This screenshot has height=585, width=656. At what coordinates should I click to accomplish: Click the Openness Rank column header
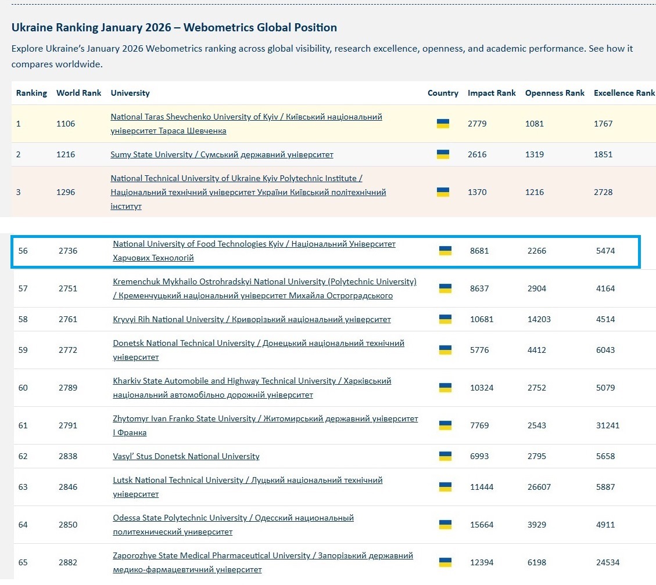point(554,93)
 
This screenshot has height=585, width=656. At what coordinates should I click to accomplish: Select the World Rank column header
point(78,93)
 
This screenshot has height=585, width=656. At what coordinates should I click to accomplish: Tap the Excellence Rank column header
point(624,93)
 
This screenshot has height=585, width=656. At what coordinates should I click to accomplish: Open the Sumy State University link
point(221,155)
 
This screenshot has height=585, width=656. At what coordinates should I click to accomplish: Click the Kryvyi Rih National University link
point(252,320)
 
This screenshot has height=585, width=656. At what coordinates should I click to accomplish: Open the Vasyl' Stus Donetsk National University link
point(186,457)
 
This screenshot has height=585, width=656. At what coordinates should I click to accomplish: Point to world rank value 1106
point(66,124)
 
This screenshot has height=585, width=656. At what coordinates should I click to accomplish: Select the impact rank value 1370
point(477,192)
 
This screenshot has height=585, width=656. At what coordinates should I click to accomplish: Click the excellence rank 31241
point(608,425)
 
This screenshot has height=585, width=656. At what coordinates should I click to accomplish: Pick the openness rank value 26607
point(539,487)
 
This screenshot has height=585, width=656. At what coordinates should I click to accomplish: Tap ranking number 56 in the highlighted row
point(23,251)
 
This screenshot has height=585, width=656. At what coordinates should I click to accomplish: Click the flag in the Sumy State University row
point(443,154)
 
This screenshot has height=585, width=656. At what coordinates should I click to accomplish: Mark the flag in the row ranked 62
point(445,456)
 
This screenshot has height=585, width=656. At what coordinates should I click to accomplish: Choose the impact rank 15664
point(482,525)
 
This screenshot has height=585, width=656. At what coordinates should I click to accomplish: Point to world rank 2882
point(68,562)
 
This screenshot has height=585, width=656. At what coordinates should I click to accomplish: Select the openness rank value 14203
point(539,319)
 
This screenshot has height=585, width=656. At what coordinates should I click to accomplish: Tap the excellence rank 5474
point(605,251)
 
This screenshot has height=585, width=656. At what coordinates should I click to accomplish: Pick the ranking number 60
point(23,388)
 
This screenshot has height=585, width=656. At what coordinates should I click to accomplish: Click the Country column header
point(443,93)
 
